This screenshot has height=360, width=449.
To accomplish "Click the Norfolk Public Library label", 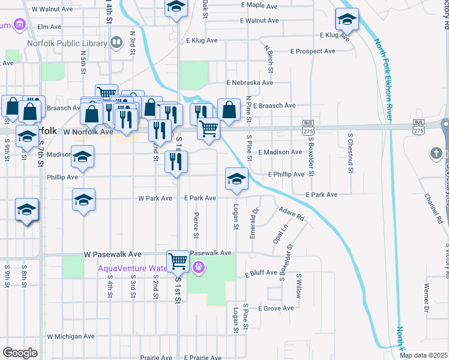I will click(65, 43).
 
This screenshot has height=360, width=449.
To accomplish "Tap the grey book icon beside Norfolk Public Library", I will click(116, 43).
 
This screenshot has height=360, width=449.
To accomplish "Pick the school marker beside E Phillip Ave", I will click(237, 179).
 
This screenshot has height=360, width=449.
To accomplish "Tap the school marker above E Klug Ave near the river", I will click(347, 20).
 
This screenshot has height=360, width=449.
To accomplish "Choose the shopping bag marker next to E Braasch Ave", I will click(229, 110).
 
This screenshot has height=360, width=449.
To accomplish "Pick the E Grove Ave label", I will click(276, 308).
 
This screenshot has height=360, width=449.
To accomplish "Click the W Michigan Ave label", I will click(72, 337).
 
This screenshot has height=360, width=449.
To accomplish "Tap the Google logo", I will click(20, 353).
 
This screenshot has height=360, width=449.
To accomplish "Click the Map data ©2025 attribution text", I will click(423, 356).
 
